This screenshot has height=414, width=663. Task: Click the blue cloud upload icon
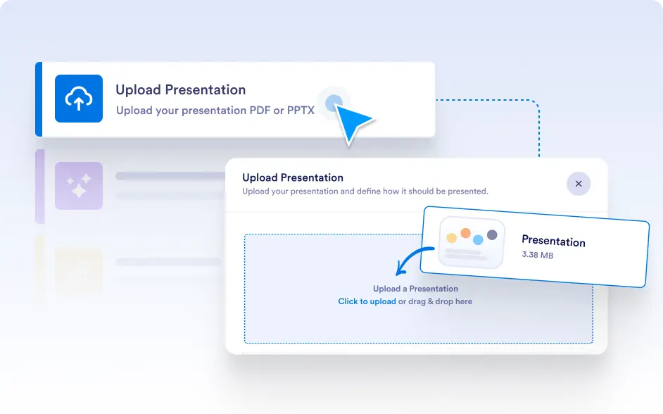(79, 99)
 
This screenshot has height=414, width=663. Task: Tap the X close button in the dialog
(579, 184)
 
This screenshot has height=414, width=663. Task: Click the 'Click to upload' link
(367, 301)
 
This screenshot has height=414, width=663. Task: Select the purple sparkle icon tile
(79, 186)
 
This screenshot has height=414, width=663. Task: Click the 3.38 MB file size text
(537, 255)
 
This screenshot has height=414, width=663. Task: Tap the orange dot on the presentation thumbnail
(465, 233)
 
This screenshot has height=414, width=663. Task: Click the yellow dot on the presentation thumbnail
(452, 238)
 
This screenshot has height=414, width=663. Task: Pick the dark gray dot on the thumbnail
(492, 234)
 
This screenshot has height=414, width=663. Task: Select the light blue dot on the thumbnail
(478, 239)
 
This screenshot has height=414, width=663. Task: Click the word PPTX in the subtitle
(301, 111)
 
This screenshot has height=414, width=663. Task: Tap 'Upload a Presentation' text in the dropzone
(415, 289)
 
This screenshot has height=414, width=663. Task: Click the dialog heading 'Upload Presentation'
(293, 177)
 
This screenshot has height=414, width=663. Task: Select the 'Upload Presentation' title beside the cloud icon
(181, 90)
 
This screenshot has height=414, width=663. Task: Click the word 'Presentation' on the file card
(553, 241)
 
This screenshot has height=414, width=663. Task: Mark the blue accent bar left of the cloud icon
(39, 99)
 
